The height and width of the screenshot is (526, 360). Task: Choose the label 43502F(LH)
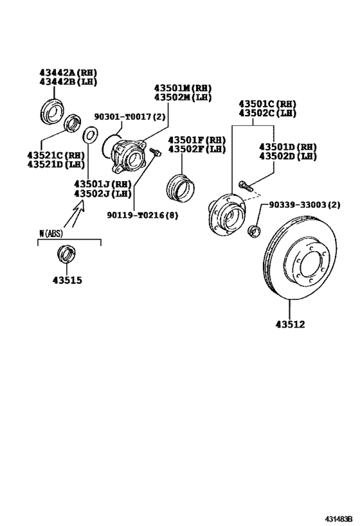tap(197, 149)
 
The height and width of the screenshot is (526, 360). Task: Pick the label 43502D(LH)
tap(288, 155)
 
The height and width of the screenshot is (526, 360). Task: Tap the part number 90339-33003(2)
tap(304, 206)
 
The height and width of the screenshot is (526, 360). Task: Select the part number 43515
tap(67, 280)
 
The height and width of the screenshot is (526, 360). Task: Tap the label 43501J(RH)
tap(102, 184)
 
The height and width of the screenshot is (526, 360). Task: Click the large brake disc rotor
tap(301, 258)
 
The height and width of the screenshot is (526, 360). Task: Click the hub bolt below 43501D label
tap(244, 186)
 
